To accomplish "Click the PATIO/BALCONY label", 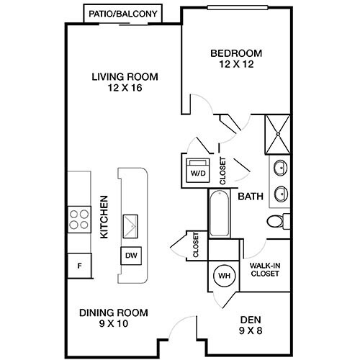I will [124, 13].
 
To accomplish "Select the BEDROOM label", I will [236, 53].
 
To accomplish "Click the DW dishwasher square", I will [131, 256].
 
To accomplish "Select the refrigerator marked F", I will [78, 265].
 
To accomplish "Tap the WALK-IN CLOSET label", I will [264, 270].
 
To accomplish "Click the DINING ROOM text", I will [114, 312].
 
